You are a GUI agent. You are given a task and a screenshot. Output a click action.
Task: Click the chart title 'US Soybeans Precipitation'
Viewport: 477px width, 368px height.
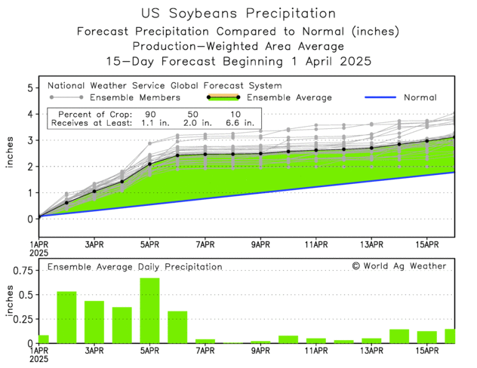coord(238,14)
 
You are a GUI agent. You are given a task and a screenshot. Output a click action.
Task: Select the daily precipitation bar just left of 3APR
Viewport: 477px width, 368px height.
coord(66,317)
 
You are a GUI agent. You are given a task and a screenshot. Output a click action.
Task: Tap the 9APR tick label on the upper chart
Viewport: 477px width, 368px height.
coord(260,244)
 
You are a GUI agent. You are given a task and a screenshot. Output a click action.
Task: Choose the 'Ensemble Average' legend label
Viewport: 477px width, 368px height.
coord(289,97)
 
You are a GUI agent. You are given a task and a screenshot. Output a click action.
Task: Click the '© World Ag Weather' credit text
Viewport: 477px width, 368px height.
coord(399,265)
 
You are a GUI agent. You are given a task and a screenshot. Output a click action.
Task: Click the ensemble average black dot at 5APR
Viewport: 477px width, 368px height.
coord(149,164)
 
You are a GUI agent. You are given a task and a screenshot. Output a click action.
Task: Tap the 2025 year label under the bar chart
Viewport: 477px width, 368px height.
coord(39,360)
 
